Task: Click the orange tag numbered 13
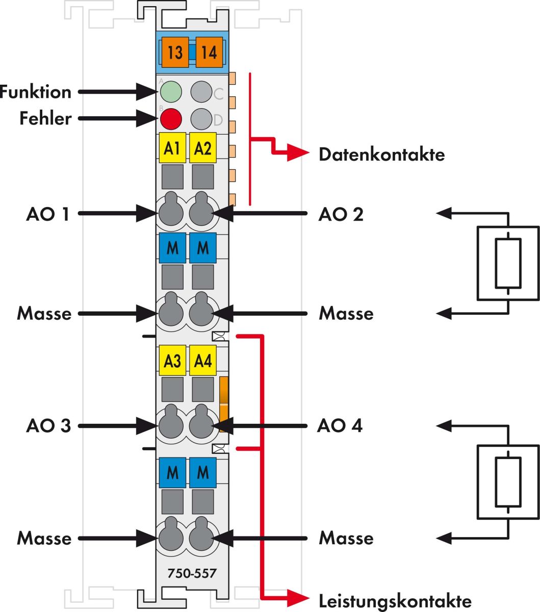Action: (x=175, y=52)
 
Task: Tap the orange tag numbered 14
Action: (x=209, y=52)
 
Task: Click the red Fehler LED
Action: (x=171, y=119)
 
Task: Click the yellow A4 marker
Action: (x=202, y=361)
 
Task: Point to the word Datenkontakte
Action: (x=381, y=155)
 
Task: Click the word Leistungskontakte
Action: (x=395, y=600)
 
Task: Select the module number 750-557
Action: (x=192, y=574)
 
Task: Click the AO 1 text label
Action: (x=48, y=214)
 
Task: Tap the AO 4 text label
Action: (x=340, y=425)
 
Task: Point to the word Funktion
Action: (x=36, y=92)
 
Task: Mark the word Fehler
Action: (x=45, y=119)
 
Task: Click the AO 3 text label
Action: (x=48, y=426)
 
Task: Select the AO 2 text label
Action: (x=341, y=214)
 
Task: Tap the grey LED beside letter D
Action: (x=201, y=119)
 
